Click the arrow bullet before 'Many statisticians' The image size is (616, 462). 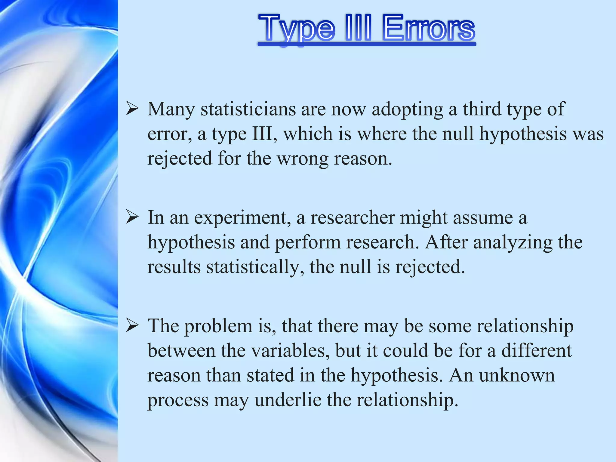[x=132, y=109]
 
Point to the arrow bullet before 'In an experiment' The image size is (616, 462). [x=132, y=217]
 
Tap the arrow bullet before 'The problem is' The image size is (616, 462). [x=132, y=326]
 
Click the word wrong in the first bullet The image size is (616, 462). [x=302, y=159]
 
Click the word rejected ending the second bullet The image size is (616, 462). [x=430, y=267]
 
